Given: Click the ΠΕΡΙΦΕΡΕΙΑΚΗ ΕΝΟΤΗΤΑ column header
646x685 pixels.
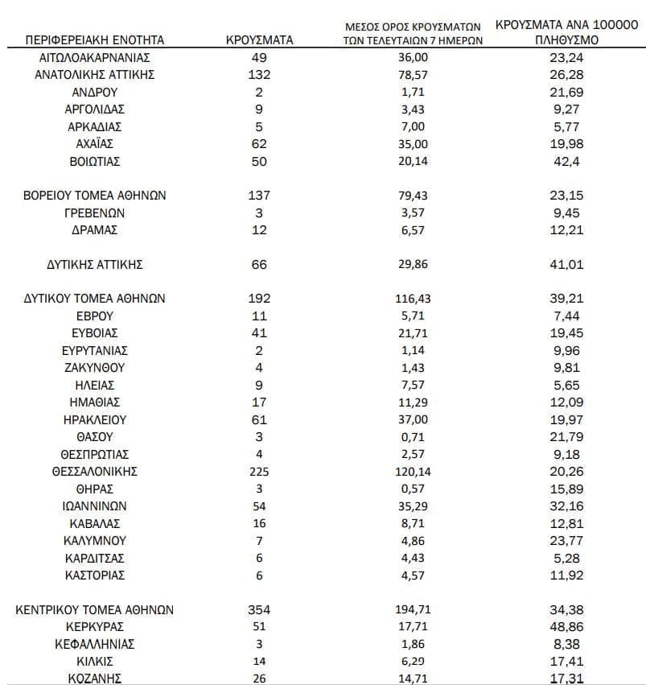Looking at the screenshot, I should [95, 39].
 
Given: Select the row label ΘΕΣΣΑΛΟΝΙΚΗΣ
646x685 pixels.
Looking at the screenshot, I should [95, 472].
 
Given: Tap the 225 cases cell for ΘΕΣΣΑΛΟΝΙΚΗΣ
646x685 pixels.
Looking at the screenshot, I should [259, 472].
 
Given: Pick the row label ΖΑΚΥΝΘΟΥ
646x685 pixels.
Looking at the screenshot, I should [95, 368].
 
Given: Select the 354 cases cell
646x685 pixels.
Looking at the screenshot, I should [259, 610].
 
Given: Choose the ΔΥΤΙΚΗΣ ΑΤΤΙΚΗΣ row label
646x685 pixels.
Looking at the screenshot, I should [95, 264].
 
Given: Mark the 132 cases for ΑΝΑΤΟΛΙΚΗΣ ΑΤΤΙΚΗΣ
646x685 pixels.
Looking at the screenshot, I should [259, 75].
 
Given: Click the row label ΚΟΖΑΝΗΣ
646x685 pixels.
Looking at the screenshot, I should [95, 679].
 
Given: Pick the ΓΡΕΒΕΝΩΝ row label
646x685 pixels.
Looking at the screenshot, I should [95, 213].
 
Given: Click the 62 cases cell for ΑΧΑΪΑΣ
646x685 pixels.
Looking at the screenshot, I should [259, 144].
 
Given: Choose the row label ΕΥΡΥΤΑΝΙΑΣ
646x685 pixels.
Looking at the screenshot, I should [95, 351].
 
